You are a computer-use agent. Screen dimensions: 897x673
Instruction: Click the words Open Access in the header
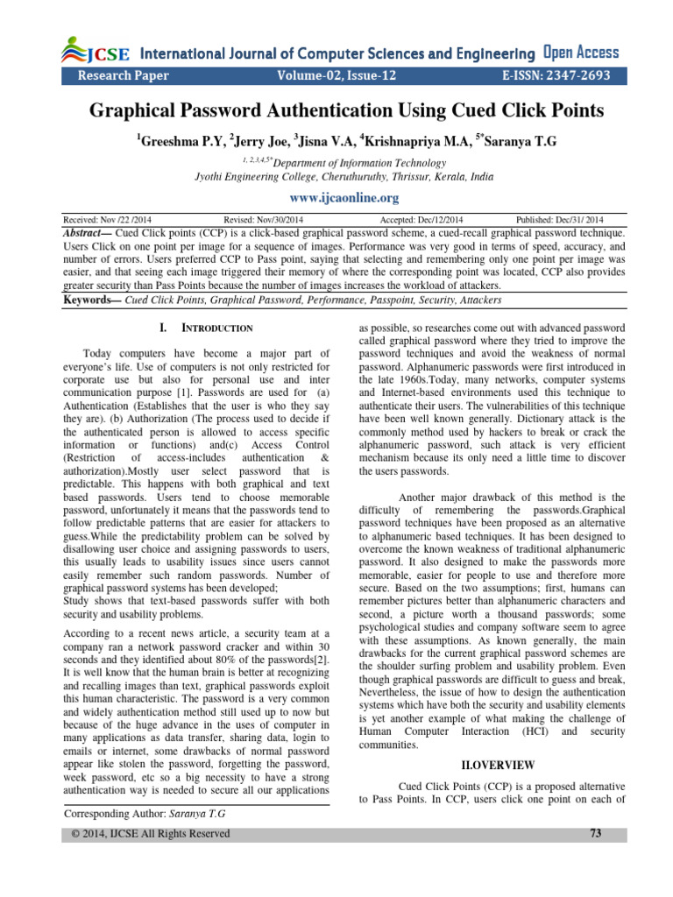pos(581,53)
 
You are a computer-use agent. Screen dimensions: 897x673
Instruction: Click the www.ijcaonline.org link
pos(336,197)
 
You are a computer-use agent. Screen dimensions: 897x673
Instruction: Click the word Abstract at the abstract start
pos(88,234)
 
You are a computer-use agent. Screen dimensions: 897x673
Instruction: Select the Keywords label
pos(91,300)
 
